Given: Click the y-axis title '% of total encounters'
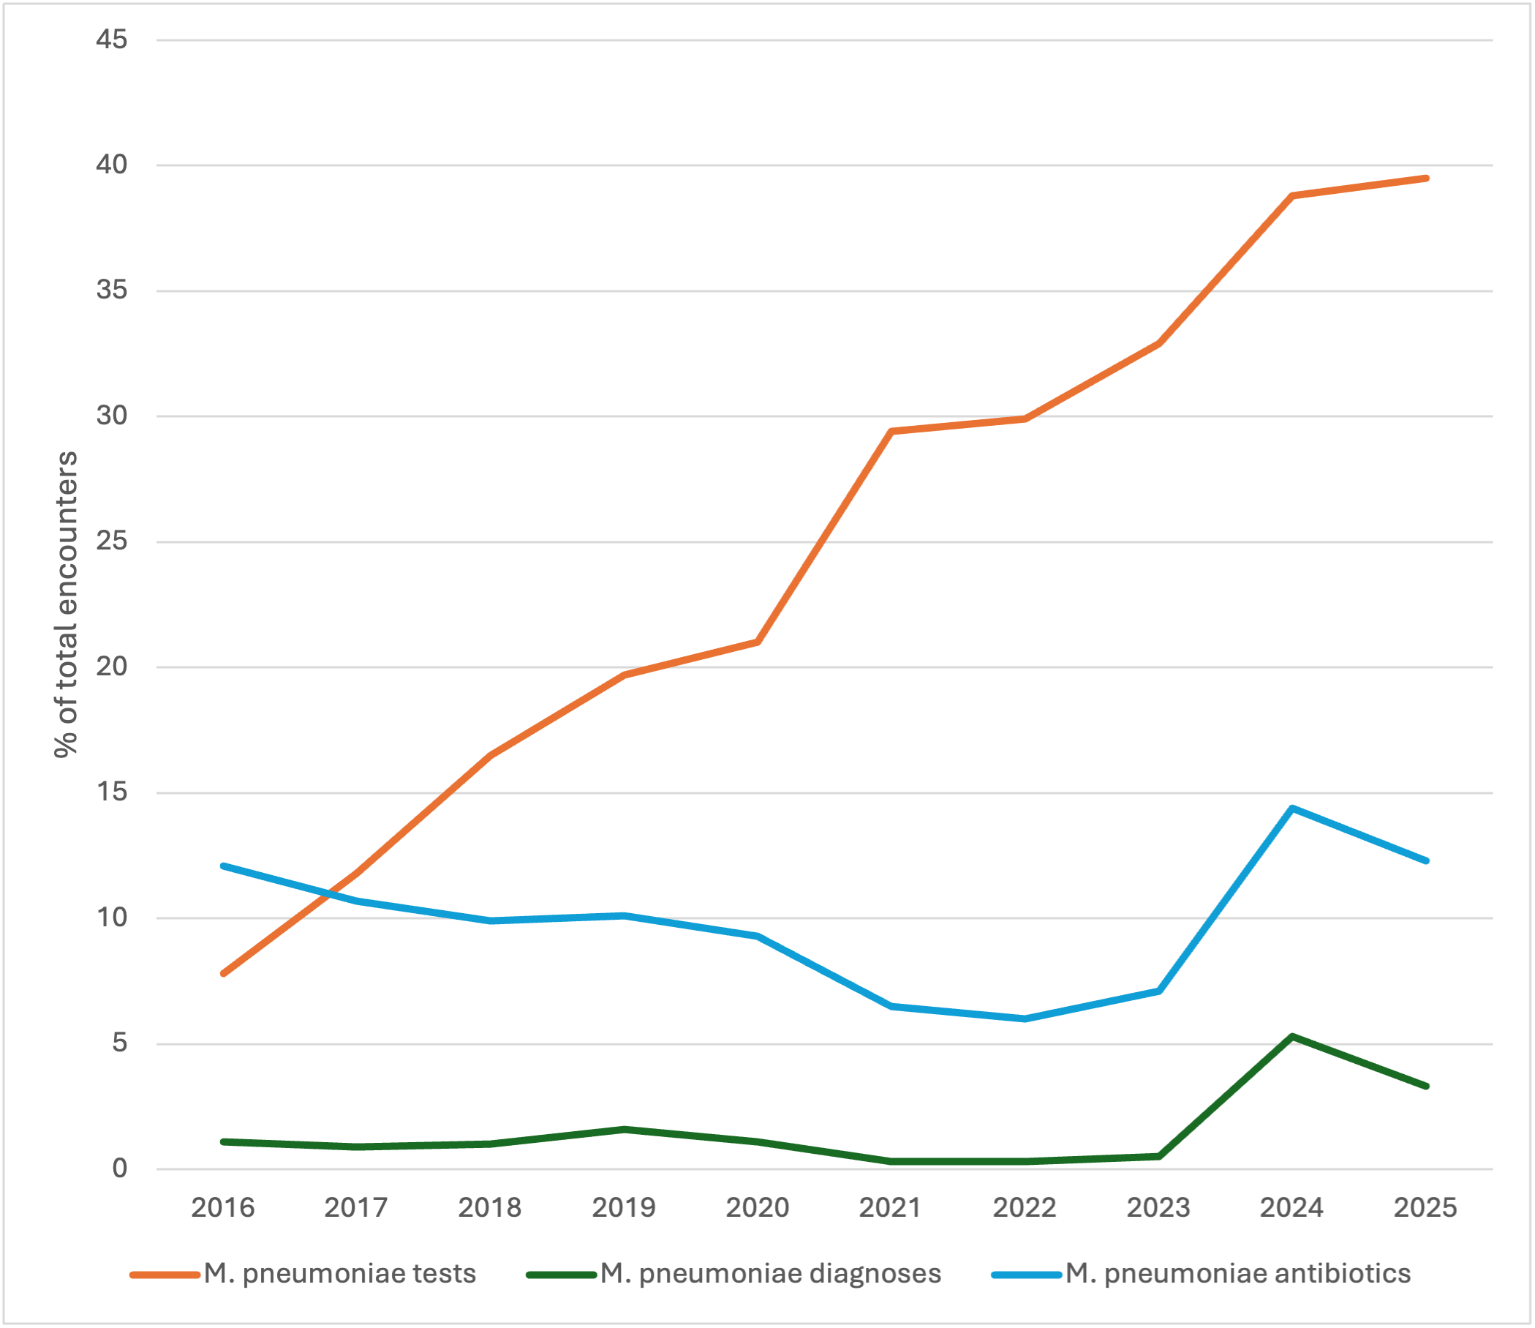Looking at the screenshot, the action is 66,604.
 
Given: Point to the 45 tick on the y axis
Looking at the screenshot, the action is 112,40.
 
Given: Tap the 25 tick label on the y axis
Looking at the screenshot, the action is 112,541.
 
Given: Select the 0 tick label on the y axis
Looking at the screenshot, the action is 120,1168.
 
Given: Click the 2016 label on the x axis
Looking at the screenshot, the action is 223,1208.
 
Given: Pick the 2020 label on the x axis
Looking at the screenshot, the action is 757,1208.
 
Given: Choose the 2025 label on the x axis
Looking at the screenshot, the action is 1425,1208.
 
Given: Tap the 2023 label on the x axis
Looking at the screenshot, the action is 1158,1208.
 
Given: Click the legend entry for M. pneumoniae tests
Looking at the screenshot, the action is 303,1274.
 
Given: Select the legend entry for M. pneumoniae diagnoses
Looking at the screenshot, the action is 733,1274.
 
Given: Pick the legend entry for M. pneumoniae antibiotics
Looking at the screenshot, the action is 1201,1274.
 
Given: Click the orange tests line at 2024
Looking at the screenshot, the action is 1292,195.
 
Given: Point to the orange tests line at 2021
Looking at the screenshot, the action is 891,430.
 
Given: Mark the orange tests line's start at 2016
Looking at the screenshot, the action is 223,974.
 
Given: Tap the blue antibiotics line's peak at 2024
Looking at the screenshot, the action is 1292,808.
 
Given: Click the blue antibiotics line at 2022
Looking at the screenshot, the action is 1025,1019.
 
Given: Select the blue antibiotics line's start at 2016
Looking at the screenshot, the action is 223,866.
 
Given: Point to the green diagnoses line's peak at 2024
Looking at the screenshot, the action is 1292,1036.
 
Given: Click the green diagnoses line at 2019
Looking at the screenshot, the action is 625,1130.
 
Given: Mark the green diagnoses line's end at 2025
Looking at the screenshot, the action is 1426,1087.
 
